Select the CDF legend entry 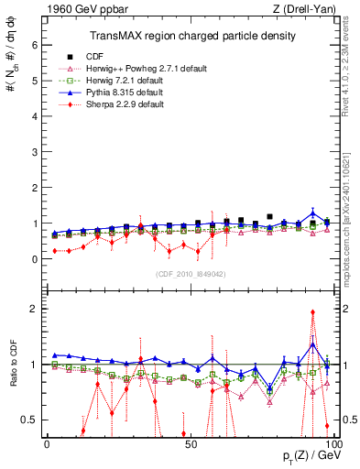point(118,56)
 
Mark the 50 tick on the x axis point(189,445)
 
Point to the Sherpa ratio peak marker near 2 point(313,312)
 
